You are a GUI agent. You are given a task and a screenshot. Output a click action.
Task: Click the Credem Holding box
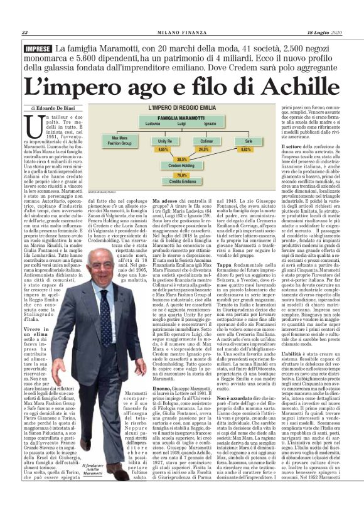click(183, 166)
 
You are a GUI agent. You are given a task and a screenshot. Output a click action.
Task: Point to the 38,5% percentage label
click(183, 159)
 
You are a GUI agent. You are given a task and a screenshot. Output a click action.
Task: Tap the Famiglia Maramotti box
click(183, 117)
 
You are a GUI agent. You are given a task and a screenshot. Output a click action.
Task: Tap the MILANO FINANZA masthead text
click(182, 33)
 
